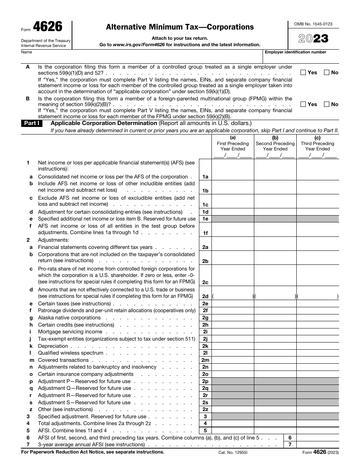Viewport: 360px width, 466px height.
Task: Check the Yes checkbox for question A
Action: coord(303,72)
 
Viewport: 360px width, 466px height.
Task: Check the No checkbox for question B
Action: coord(327,104)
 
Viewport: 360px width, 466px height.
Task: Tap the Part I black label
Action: coord(33,124)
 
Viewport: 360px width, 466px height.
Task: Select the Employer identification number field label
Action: coord(296,52)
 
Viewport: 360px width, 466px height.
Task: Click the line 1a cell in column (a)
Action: coord(233,177)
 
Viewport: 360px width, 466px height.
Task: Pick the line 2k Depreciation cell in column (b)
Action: coord(275,346)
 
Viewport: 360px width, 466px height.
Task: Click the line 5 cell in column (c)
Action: coord(318,430)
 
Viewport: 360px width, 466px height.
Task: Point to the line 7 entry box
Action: coord(318,444)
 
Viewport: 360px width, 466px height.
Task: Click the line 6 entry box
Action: coord(318,438)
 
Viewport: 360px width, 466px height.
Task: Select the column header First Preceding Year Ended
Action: coord(233,146)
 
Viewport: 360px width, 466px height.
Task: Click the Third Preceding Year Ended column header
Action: coord(318,146)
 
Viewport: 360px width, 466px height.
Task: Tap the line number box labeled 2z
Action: coord(205,409)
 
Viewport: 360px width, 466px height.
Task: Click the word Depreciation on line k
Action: coord(53,346)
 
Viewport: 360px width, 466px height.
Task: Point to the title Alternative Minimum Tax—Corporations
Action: coord(180,27)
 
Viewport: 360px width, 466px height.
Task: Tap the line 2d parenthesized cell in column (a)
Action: coord(233,296)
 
